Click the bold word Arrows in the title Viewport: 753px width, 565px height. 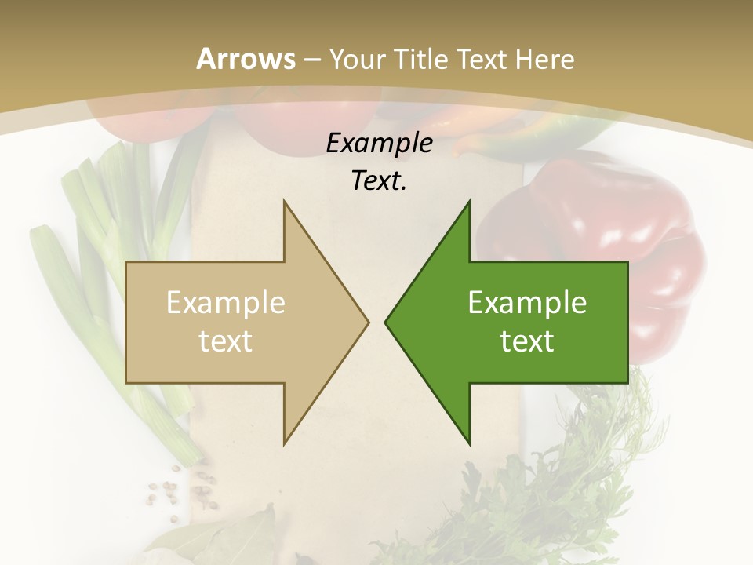click(246, 58)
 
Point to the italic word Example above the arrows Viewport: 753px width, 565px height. click(379, 143)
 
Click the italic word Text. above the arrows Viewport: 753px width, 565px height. click(379, 180)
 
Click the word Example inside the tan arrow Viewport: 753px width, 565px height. click(226, 302)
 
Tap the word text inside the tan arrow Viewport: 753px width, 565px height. click(226, 341)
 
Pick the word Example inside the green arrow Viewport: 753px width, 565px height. click(527, 302)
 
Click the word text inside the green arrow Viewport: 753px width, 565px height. click(527, 341)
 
